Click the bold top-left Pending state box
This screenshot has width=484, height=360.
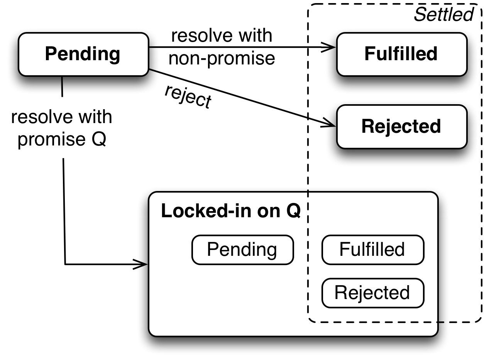pos(83,54)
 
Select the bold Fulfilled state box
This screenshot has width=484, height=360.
pos(401,54)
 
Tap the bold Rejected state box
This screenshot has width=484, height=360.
pos(401,127)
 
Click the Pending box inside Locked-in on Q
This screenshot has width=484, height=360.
pos(242,250)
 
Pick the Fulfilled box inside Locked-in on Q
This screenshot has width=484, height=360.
pos(372,250)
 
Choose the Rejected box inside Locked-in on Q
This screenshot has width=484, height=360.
pos(372,293)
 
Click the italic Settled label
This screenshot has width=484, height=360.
pos(443,15)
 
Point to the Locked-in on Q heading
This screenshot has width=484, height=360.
pos(230,211)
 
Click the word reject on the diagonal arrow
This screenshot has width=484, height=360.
pos(188,96)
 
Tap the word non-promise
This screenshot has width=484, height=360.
pos(222,59)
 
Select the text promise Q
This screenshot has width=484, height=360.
pos(62,140)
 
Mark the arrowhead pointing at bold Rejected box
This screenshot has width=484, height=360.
pos(330,124)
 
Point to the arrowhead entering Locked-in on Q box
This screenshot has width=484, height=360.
pos(142,264)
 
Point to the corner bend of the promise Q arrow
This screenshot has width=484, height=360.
pos(65,264)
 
